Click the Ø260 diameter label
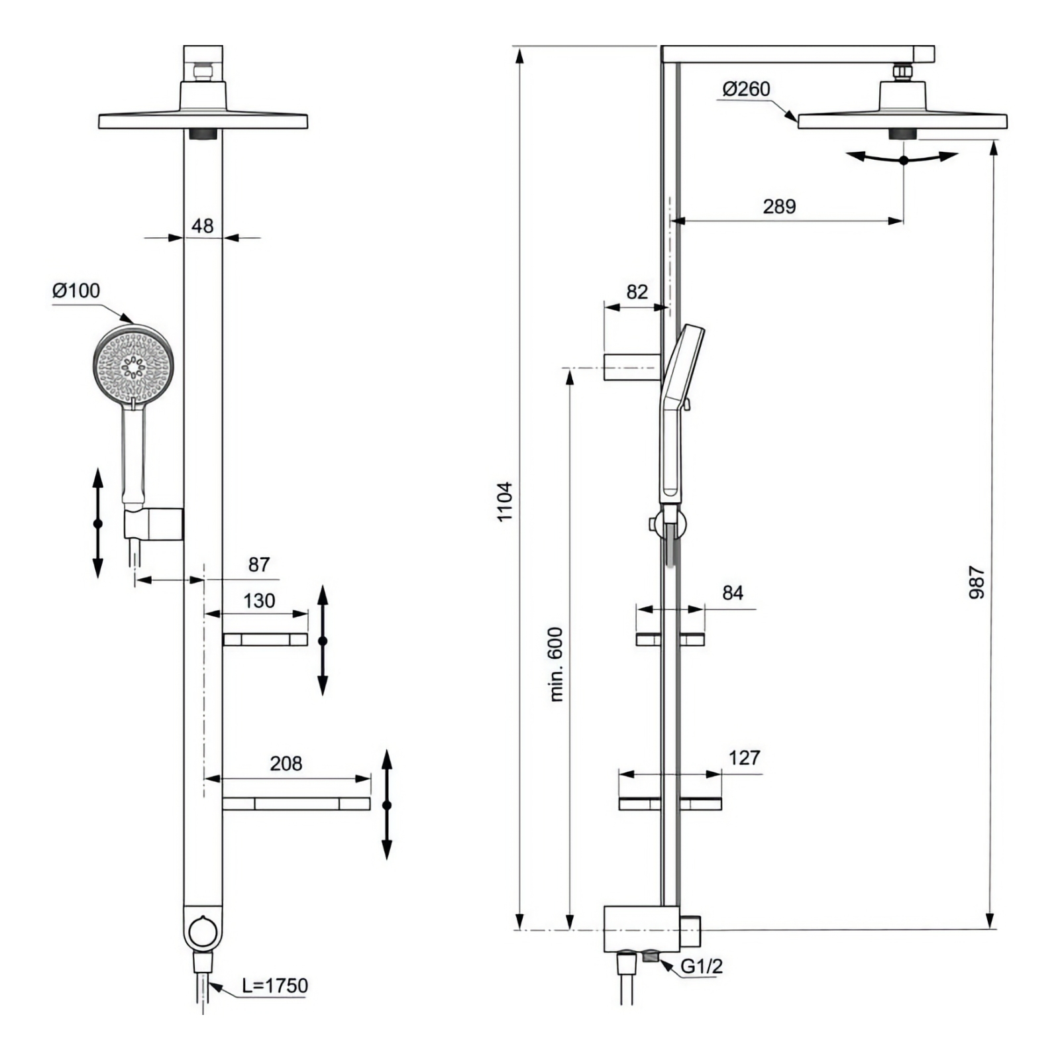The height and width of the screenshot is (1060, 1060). pos(746,89)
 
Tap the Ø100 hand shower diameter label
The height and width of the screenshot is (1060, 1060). pos(76,290)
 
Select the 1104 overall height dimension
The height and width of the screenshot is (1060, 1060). pos(505,502)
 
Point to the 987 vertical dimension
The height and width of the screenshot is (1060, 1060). pos(977,582)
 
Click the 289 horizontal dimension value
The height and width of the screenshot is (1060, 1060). pos(779,207)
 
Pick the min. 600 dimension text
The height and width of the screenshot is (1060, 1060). pos(556,664)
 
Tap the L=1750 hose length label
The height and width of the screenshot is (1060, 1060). pos(275,986)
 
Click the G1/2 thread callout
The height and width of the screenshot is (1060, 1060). pos(702,967)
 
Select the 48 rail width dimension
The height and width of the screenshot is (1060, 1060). pos(203,226)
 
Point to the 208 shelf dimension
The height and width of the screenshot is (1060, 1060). pos(286,764)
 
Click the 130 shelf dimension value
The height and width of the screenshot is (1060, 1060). pos(259,601)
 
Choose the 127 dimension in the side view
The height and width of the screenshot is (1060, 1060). pos(744,758)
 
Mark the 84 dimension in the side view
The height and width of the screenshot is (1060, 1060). pos(733,593)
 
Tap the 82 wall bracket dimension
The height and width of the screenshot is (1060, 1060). pos(637,292)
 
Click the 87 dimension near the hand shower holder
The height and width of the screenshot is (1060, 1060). pos(259,564)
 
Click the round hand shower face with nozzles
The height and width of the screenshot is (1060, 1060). pos(133,364)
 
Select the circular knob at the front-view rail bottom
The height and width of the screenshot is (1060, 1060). pos(203,932)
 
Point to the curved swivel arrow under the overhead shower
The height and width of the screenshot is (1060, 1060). pos(903,158)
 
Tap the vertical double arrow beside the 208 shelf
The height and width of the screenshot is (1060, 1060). pos(387,805)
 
